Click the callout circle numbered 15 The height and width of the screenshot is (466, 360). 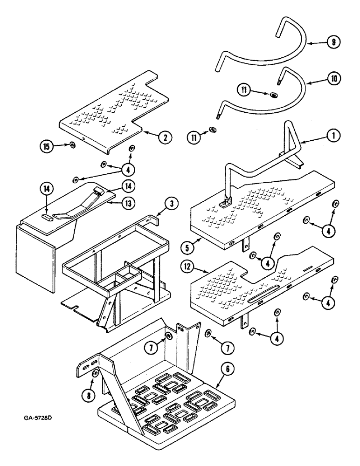click(46, 145)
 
